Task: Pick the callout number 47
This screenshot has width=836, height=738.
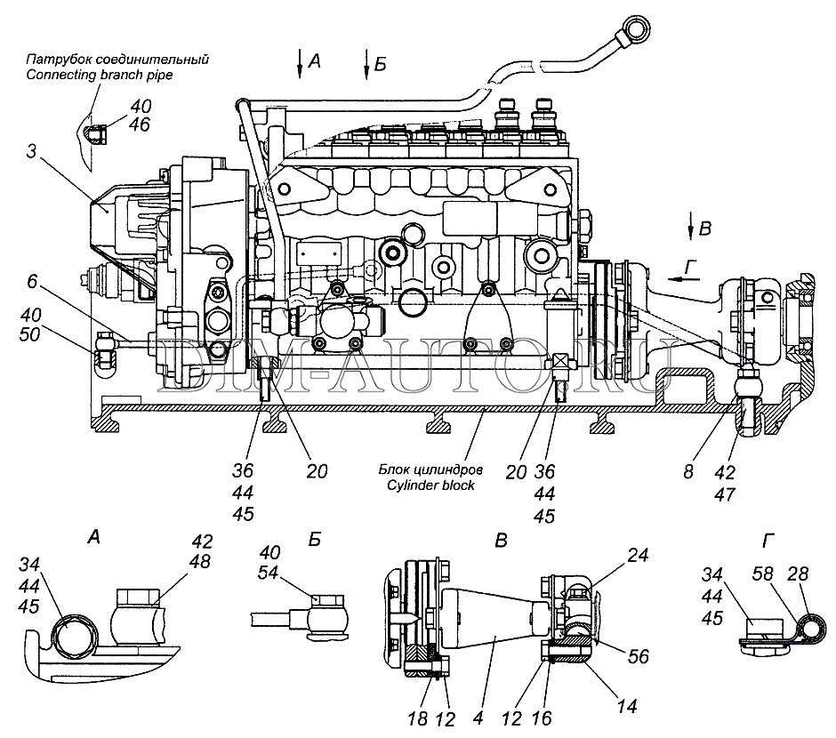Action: click(725, 494)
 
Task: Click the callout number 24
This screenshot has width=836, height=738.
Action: click(638, 555)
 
